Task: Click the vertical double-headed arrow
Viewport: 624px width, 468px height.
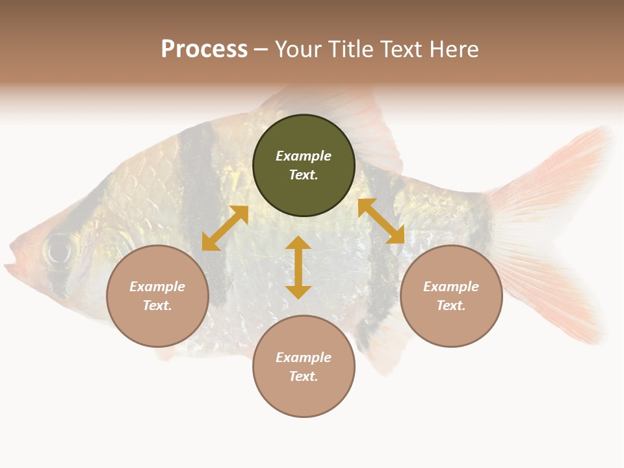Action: tap(298, 267)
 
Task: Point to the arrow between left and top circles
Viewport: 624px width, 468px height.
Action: tap(225, 228)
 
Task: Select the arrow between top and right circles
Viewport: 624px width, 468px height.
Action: tap(382, 221)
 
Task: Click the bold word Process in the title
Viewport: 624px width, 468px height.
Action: tap(204, 49)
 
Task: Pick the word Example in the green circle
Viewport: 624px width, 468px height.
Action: tap(304, 156)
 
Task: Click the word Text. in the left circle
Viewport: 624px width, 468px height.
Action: tap(157, 305)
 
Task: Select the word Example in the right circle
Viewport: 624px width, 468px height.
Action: tap(451, 287)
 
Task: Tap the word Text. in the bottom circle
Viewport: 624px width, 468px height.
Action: tap(304, 376)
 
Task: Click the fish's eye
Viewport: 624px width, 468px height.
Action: tap(59, 248)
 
